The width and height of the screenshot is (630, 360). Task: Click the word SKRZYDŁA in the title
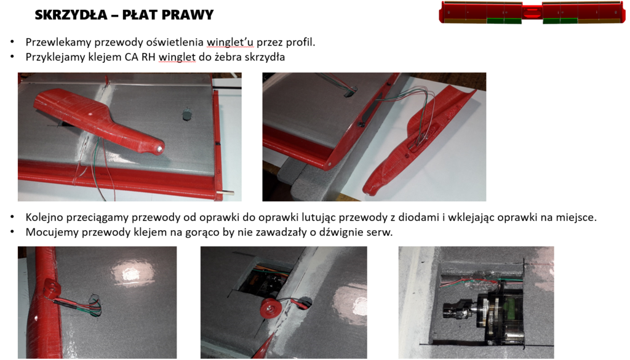pos(71,15)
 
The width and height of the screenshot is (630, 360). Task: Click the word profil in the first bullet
pos(300,42)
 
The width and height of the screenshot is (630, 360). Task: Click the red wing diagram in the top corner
pos(532,12)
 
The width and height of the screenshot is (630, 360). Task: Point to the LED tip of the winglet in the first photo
pos(159,148)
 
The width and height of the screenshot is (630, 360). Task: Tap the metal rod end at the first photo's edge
pos(228,194)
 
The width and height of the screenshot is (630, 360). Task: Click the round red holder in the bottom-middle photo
pos(269,309)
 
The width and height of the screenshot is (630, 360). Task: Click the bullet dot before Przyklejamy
pos(12,57)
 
